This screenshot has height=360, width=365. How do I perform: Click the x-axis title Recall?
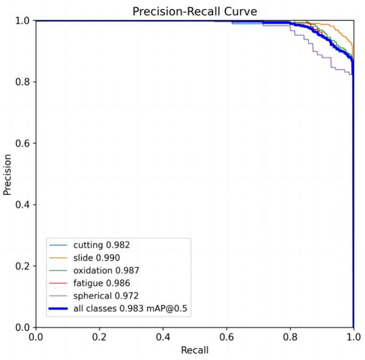195,350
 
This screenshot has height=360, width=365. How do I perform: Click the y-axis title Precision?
7,174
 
